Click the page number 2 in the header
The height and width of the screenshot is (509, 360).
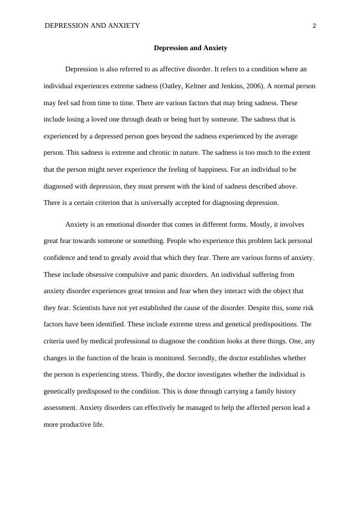tap(315, 25)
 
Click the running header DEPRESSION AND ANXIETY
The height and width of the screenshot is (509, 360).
tap(92, 25)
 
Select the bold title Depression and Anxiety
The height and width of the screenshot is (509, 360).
tap(190, 47)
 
